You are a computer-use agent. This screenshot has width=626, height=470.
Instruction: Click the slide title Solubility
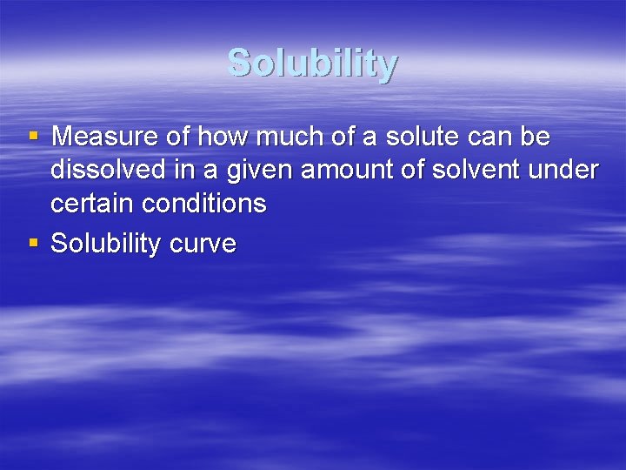[x=313, y=64]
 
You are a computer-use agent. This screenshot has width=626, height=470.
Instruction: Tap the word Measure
[x=103, y=138]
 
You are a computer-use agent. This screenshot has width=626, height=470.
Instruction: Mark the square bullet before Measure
[x=33, y=138]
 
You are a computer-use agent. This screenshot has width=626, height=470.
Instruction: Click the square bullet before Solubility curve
[x=33, y=242]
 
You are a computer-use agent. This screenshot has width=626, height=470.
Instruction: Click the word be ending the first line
[x=533, y=138]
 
